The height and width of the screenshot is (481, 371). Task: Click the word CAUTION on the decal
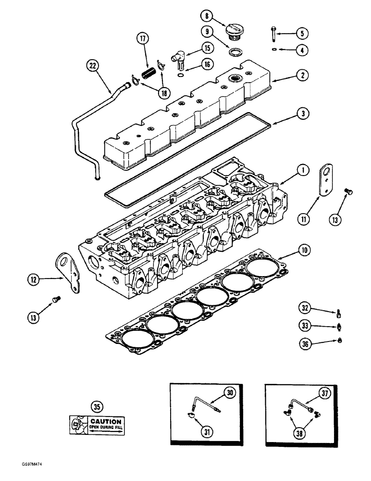[99, 421]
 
